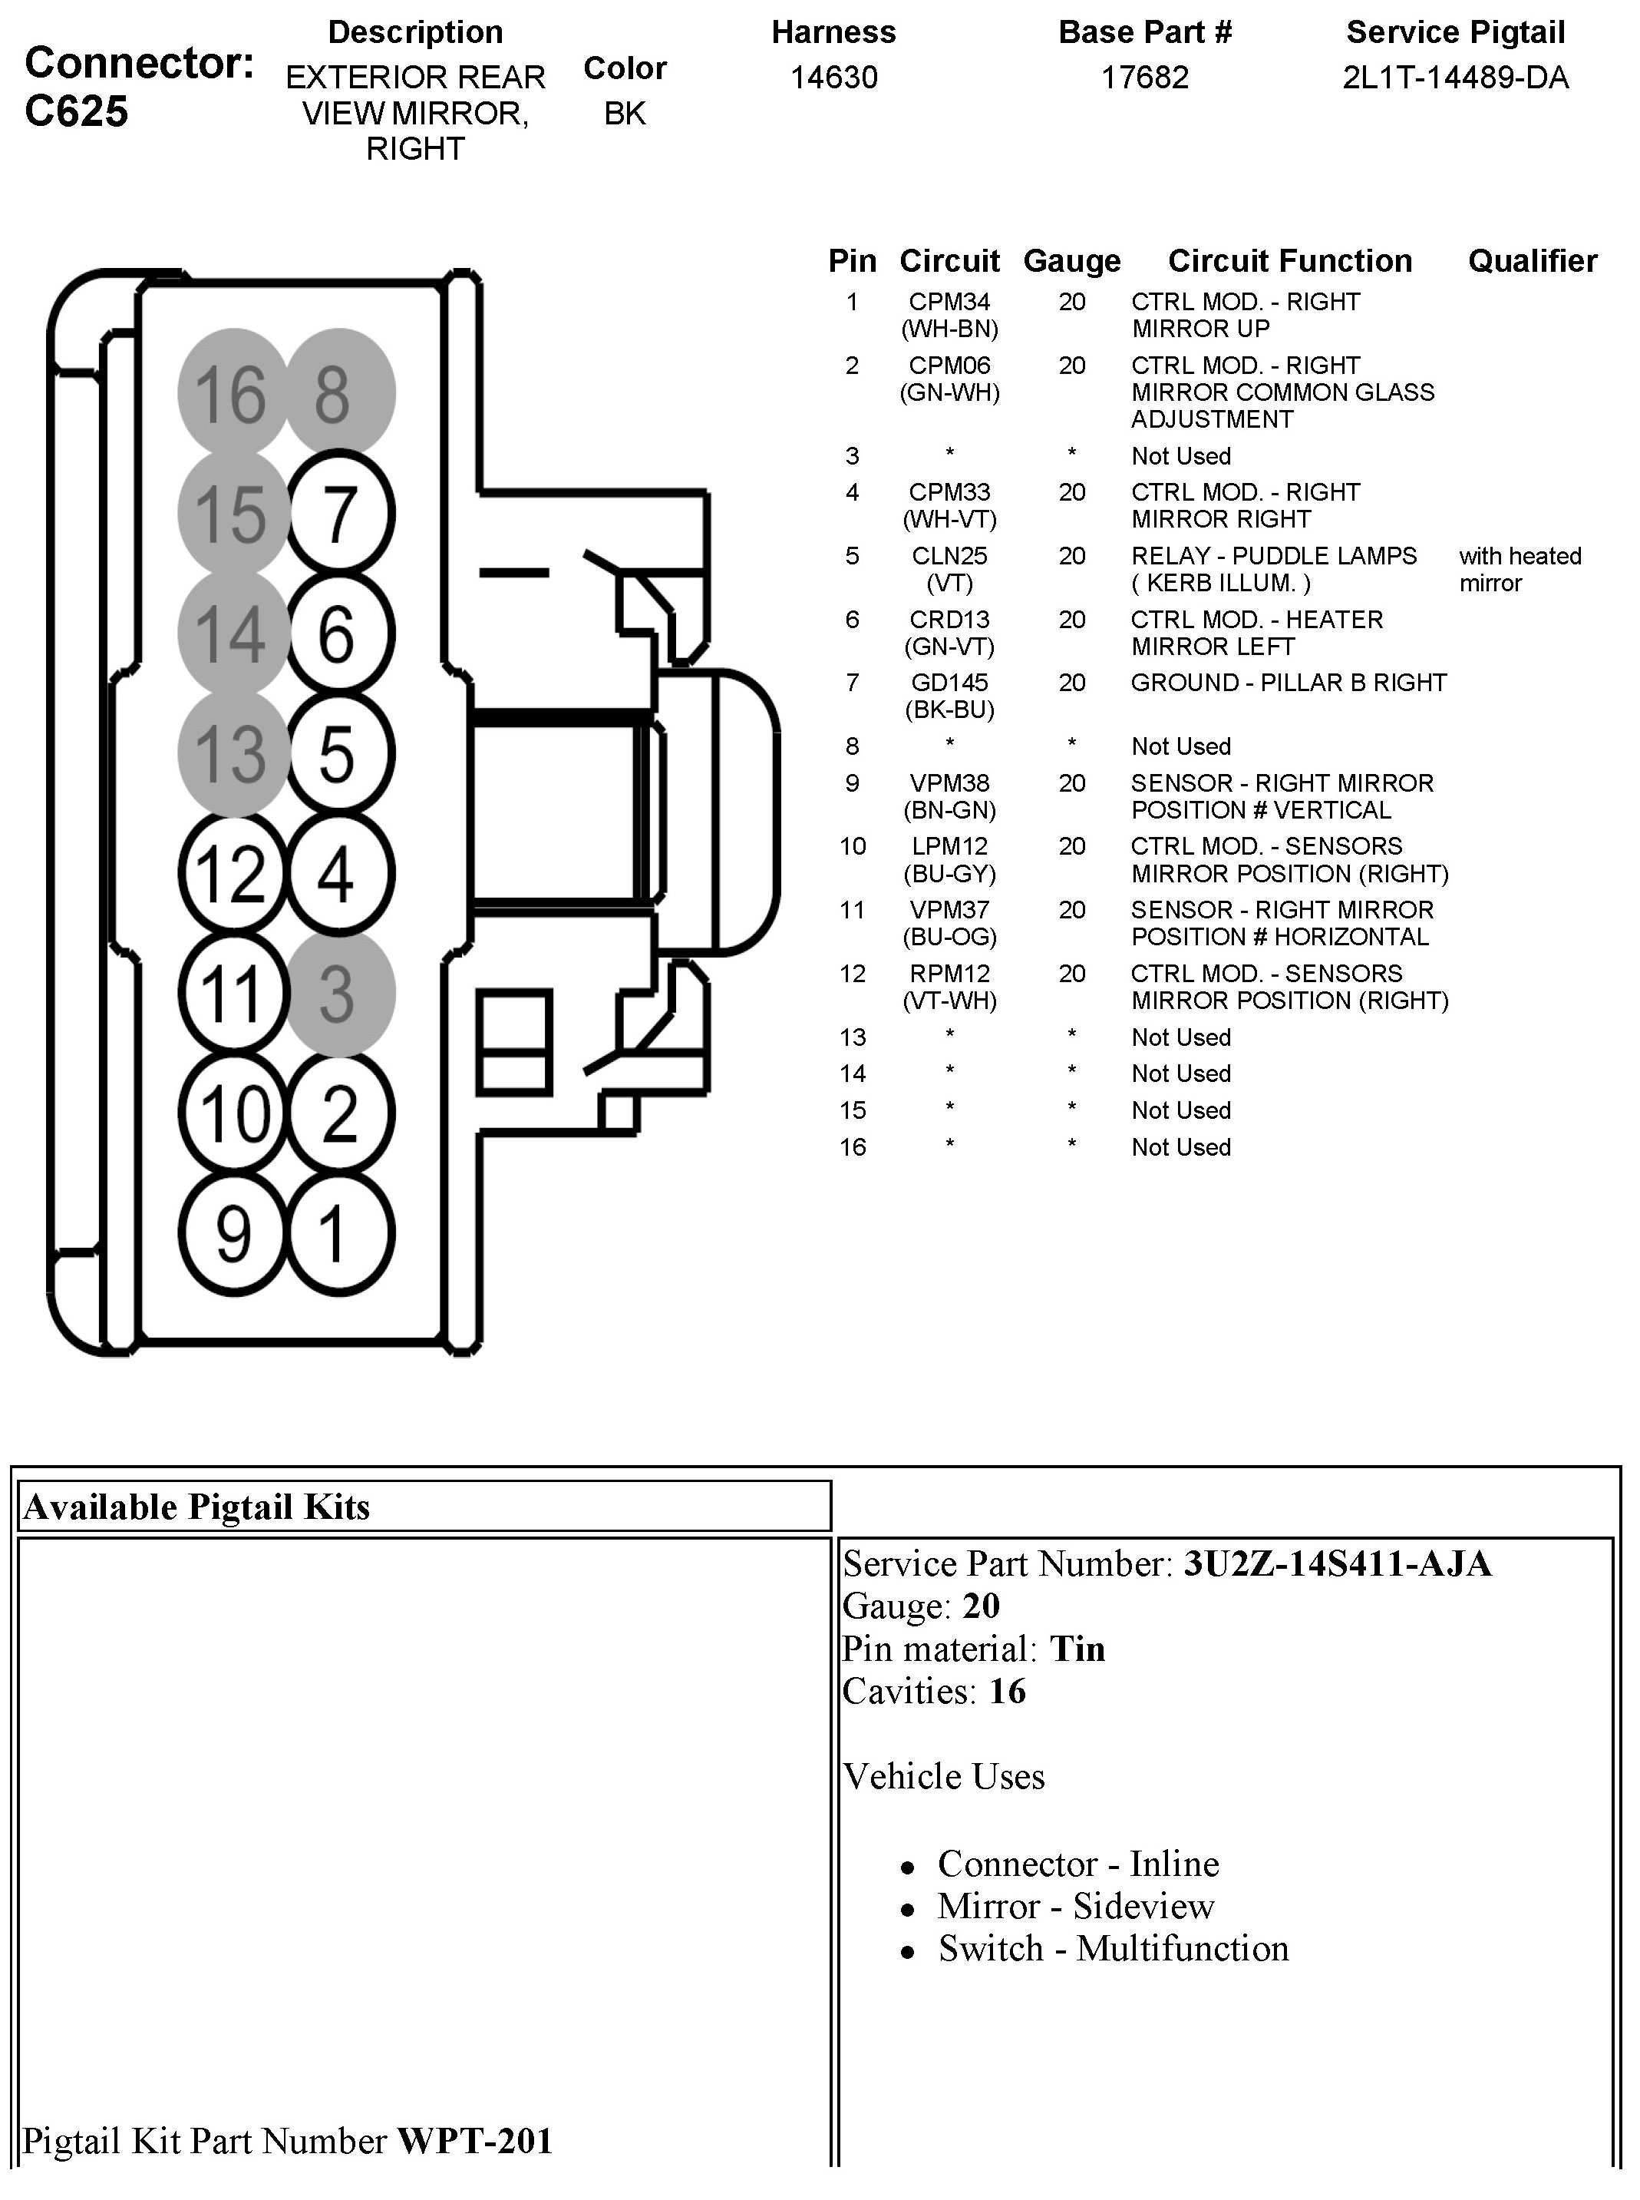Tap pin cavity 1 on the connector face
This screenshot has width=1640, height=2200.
(x=338, y=1233)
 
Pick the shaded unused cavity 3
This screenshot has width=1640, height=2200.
(x=338, y=992)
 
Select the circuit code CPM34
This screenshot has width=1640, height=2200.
(x=949, y=302)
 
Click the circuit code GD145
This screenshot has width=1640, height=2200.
(x=949, y=683)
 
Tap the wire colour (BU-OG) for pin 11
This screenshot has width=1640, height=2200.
(x=949, y=937)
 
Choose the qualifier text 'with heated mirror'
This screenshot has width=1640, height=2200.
(x=1519, y=569)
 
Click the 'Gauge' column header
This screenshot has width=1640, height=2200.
(x=1071, y=261)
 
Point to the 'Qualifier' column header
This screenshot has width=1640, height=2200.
(x=1532, y=261)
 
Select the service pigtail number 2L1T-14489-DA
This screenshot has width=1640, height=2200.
(x=1455, y=78)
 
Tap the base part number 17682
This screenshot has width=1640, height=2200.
(x=1145, y=78)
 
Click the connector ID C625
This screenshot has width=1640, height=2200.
(x=77, y=111)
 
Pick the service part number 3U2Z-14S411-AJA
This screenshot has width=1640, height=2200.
(x=1336, y=1564)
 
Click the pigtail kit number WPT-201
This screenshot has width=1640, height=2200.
(x=474, y=2140)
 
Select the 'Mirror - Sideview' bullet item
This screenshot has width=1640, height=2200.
(x=1075, y=1906)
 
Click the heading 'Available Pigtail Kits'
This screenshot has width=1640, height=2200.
(x=196, y=1507)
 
